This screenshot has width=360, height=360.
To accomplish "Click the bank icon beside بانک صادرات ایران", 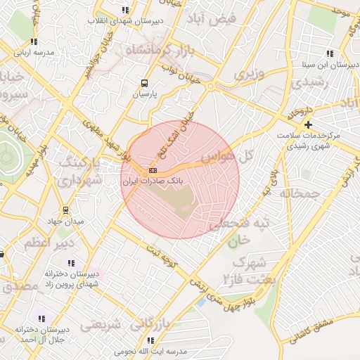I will point(153,171).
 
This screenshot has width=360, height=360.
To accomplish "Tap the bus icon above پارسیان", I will point(144,82).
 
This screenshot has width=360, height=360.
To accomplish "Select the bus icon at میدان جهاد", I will point(65,210).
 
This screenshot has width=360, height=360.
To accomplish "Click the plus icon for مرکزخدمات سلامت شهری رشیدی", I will point(308,124).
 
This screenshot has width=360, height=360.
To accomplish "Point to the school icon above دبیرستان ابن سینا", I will point(330,54).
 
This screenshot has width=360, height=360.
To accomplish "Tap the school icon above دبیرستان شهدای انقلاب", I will point(125,10).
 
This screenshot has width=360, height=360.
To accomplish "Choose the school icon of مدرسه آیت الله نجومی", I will point(150,340).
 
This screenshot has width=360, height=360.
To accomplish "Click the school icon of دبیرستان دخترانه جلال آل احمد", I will point(40,319).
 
